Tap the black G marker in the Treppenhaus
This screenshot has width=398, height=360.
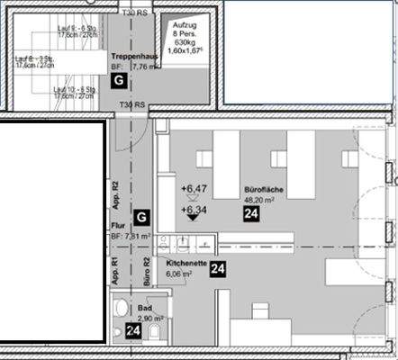click(x=119, y=81)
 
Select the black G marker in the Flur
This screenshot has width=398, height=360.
click(x=140, y=217)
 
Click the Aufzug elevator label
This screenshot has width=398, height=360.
click(x=185, y=30)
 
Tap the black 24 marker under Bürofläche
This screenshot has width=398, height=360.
click(x=253, y=215)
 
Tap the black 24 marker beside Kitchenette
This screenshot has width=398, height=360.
click(x=217, y=268)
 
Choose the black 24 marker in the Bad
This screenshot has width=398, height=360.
click(x=133, y=332)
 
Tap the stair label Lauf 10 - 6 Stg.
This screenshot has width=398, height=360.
click(x=74, y=91)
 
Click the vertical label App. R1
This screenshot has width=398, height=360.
click(x=115, y=271)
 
